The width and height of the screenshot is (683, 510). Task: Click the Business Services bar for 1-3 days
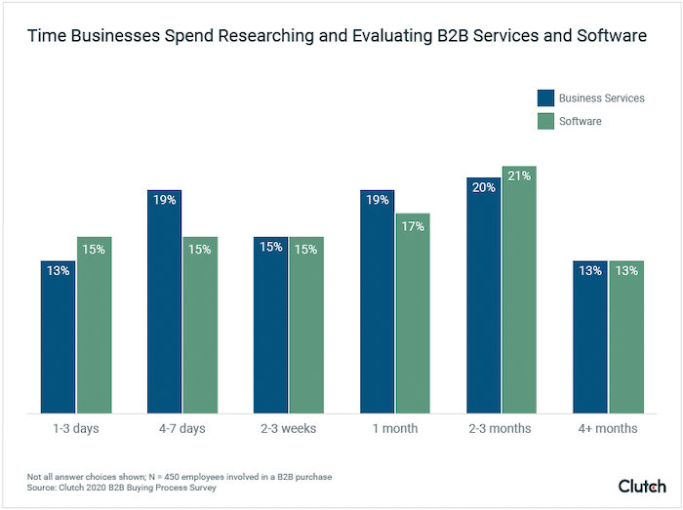click(x=59, y=336)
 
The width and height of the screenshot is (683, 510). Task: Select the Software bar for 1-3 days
click(x=95, y=325)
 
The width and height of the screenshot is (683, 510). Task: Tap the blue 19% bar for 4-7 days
click(x=164, y=301)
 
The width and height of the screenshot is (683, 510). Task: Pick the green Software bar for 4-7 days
click(x=200, y=325)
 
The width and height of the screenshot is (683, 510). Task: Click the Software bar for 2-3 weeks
click(x=306, y=325)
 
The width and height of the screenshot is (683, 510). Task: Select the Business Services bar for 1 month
click(x=377, y=301)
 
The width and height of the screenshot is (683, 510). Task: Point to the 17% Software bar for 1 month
click(x=413, y=313)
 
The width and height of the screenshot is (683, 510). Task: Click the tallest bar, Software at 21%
click(x=519, y=290)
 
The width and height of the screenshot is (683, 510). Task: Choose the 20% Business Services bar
click(x=483, y=295)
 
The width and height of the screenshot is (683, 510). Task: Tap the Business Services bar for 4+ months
click(x=589, y=336)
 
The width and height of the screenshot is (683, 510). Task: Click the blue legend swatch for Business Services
click(x=545, y=98)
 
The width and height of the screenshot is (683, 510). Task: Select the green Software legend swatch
click(x=545, y=122)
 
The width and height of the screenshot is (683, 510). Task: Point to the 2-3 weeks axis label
click(x=289, y=428)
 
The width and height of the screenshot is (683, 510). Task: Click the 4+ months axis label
click(x=608, y=428)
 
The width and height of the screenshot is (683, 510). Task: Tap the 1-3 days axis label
click(x=76, y=428)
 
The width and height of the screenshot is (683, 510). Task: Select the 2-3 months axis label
click(x=502, y=428)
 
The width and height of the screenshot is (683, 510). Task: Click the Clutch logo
click(x=642, y=485)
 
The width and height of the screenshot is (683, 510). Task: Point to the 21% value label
click(x=519, y=177)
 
